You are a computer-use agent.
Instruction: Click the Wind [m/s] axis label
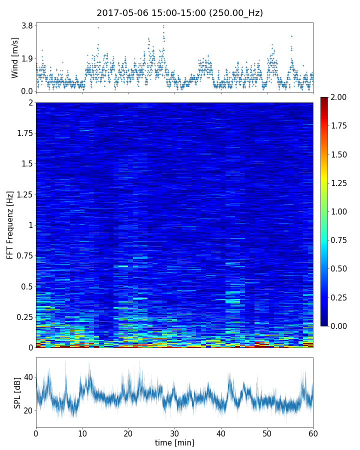(x=15, y=57)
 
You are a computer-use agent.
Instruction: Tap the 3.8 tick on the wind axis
(x=27, y=25)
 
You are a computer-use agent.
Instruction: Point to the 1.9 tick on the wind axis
(x=27, y=58)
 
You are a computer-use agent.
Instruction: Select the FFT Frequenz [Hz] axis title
(x=10, y=225)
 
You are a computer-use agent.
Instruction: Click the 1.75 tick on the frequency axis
(x=23, y=133)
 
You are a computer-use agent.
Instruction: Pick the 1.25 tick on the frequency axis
(x=23, y=194)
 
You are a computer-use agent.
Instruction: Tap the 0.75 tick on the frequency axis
(x=23, y=255)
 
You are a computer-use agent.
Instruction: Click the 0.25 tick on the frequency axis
(x=23, y=317)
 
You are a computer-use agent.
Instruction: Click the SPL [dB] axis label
(x=17, y=392)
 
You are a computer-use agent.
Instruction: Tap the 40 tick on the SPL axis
(x=27, y=377)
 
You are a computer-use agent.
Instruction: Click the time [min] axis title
(x=174, y=442)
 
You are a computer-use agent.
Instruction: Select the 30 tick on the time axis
(x=174, y=432)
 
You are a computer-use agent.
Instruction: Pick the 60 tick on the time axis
(x=313, y=432)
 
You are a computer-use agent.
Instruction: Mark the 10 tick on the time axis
(x=82, y=432)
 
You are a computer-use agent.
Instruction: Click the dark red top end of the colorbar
(x=324, y=99)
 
